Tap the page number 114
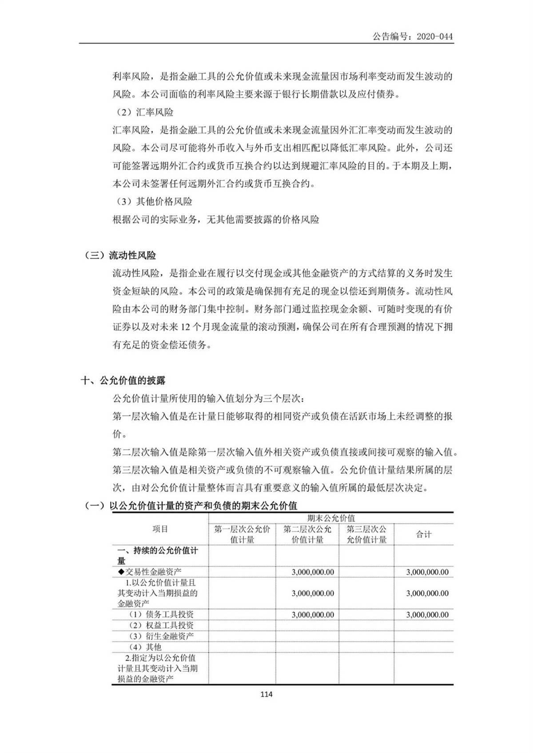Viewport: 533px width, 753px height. [x=266, y=694]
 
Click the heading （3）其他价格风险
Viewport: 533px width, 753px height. [x=154, y=201]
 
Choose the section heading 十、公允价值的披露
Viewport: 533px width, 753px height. [x=123, y=380]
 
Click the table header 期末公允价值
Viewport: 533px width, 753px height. [x=331, y=518]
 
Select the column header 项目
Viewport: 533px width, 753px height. [x=160, y=529]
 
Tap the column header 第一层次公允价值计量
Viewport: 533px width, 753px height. [x=242, y=534]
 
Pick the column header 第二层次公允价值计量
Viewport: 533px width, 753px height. [x=307, y=534]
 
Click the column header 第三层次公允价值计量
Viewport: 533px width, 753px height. [x=366, y=534]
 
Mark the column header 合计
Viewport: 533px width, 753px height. [x=423, y=534]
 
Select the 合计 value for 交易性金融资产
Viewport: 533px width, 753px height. [x=427, y=572]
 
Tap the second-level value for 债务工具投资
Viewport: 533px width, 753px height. [x=313, y=615]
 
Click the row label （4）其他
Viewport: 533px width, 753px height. [x=145, y=647]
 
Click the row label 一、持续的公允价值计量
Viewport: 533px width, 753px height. [x=158, y=555]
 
